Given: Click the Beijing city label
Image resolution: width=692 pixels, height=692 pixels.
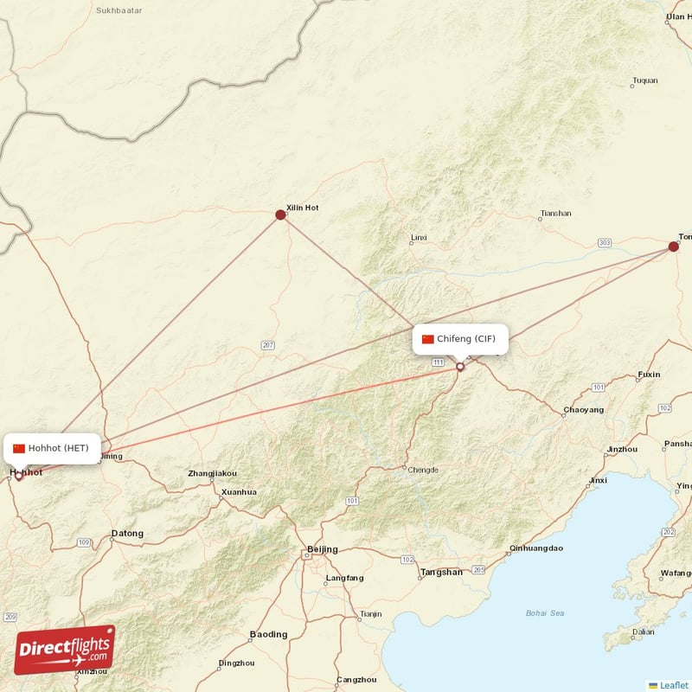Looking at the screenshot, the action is point(323,549).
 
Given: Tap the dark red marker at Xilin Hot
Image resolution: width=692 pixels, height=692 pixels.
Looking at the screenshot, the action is point(280,215).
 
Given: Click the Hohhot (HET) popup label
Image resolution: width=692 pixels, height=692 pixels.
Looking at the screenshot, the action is point(51,448).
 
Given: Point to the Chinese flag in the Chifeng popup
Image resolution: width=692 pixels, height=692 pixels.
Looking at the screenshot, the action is point(427,339).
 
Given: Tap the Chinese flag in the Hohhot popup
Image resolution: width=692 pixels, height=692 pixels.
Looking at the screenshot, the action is point(19,448).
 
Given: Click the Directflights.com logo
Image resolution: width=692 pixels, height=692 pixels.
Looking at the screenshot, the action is point(65,649).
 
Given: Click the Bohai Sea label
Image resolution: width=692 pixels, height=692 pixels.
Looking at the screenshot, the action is point(545,613).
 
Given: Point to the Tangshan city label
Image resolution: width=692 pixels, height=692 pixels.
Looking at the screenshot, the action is point(441,573).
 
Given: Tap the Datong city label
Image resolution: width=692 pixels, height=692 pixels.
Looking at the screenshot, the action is point(127,534).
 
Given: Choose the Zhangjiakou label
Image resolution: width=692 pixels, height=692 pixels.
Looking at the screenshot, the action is point(212,473).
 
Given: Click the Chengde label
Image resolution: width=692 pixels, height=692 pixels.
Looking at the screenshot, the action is point(423,470).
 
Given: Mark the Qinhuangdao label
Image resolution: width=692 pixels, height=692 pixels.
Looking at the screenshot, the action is point(536,548).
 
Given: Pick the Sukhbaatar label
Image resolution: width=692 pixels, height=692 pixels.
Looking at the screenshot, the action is point(119,11).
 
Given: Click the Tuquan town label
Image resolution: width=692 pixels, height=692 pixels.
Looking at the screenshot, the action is point(645,81).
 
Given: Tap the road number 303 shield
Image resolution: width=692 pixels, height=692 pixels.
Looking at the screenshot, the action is point(604,243).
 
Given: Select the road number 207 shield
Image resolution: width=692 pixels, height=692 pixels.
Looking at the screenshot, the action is point(268,345).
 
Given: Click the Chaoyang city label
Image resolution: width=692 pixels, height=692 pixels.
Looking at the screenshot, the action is point(578,409).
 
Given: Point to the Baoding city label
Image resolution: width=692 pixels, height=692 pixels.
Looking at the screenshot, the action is point(268,634).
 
